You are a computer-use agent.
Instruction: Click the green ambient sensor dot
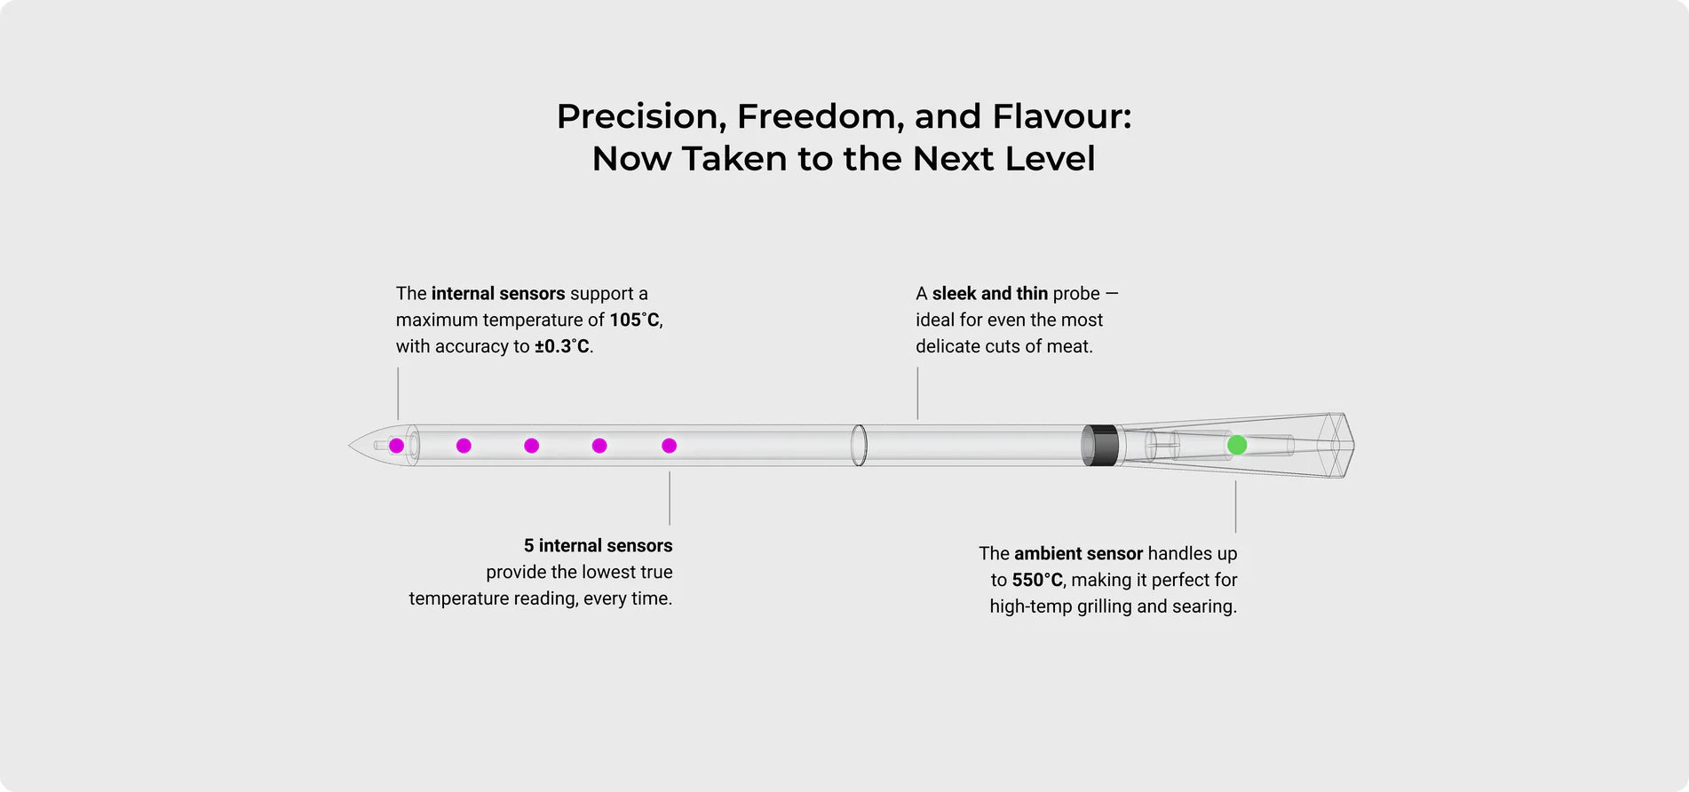point(1237,445)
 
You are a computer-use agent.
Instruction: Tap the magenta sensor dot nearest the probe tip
point(397,446)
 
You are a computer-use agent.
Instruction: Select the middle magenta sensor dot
point(531,446)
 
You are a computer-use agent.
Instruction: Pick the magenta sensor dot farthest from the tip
point(670,446)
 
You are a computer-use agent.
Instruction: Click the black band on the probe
point(1100,445)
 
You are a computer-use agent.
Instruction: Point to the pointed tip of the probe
point(349,446)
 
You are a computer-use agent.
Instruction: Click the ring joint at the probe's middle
point(859,445)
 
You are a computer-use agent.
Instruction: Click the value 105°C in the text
point(634,320)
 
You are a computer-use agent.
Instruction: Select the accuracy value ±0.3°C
point(562,346)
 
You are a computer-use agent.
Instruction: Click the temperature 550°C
point(1037,580)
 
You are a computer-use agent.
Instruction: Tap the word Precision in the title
point(637,117)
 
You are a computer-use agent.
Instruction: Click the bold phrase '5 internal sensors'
point(598,545)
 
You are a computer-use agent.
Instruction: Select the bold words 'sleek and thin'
point(990,293)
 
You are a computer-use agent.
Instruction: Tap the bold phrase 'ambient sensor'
point(1078,553)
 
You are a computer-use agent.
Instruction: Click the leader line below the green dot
point(1235,507)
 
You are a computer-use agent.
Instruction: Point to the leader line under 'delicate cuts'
point(917,393)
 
